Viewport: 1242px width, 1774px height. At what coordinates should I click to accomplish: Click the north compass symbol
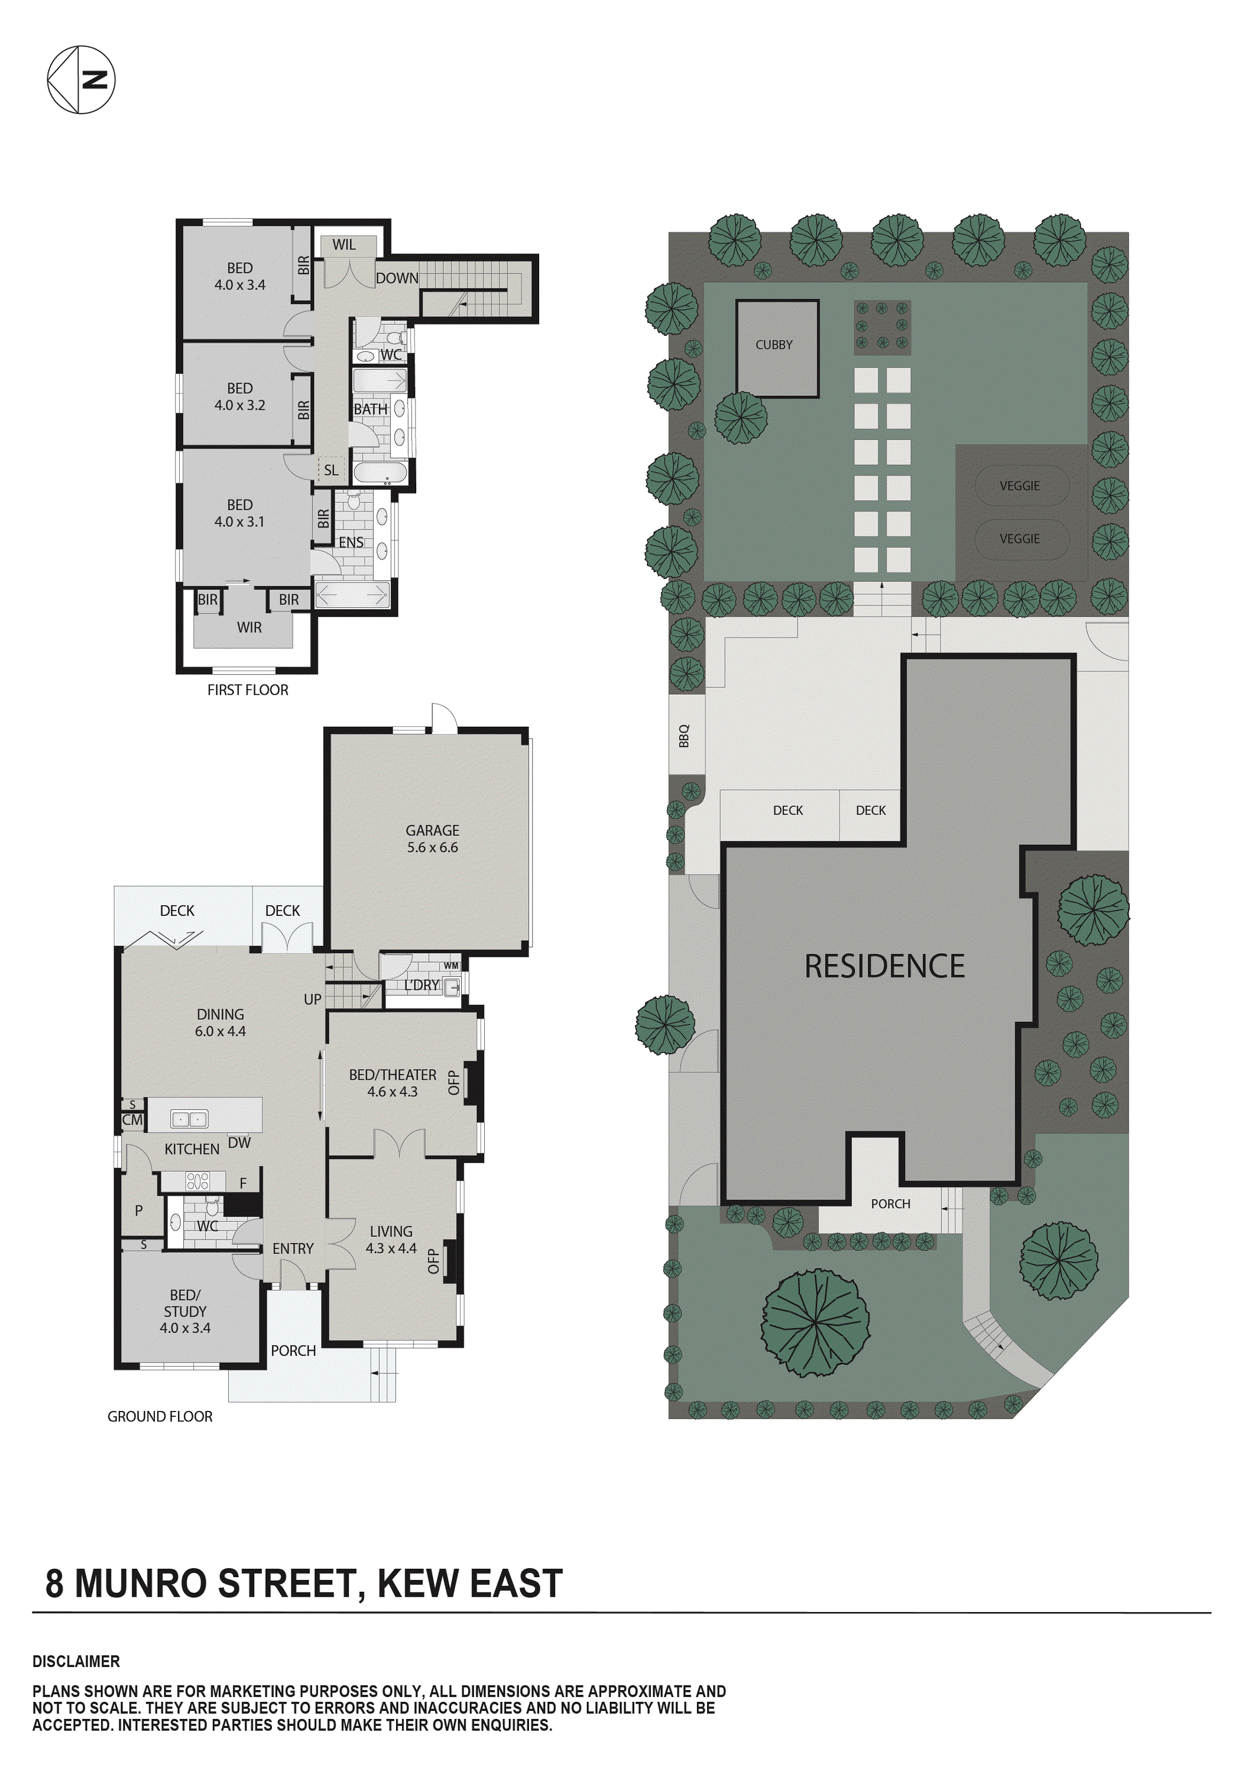tap(81, 80)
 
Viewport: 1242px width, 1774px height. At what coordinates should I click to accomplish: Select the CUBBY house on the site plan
tap(776, 348)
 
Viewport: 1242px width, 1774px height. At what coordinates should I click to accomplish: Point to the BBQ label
tap(683, 736)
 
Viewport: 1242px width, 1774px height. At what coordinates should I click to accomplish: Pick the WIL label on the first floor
tap(343, 245)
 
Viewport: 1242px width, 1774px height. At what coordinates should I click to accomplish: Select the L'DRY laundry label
tap(421, 985)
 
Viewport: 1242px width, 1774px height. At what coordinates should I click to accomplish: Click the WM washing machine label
tap(451, 966)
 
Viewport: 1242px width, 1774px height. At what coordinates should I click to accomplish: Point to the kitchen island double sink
tap(189, 1118)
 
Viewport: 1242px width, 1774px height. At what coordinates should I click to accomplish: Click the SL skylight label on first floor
tap(330, 470)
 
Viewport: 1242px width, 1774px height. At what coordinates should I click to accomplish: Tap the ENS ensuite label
tap(351, 542)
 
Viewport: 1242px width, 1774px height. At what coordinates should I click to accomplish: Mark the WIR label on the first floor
tap(249, 627)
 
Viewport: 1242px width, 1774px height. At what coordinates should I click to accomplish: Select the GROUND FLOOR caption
tap(160, 1416)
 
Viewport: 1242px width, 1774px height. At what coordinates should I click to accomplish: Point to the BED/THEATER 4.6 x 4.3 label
tap(393, 1083)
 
